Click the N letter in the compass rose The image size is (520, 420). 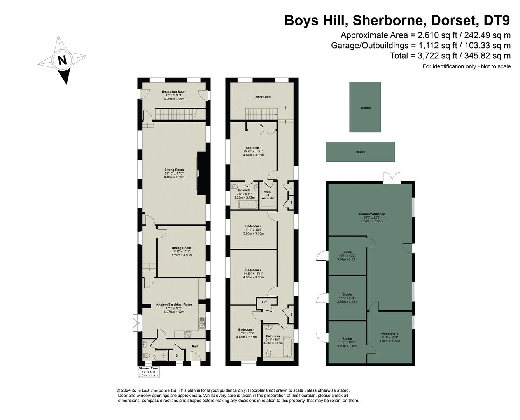[62, 60]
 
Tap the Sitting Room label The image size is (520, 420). [174, 170]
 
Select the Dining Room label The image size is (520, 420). [181, 248]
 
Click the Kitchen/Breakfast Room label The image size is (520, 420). [174, 304]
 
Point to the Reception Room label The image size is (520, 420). [174, 91]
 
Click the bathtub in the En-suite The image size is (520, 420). [248, 205]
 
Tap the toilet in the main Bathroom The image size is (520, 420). [268, 353]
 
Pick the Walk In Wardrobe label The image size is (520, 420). [268, 195]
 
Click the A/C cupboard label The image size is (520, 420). [264, 302]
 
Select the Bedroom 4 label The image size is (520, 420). [246, 329]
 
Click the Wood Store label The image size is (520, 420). [390, 334]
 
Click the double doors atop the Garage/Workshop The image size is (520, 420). [392, 178]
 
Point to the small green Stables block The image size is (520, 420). [365, 107]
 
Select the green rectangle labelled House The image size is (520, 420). [360, 152]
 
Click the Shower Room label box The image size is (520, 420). [149, 372]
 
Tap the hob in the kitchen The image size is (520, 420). [188, 334]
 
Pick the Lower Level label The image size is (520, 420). [262, 97]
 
